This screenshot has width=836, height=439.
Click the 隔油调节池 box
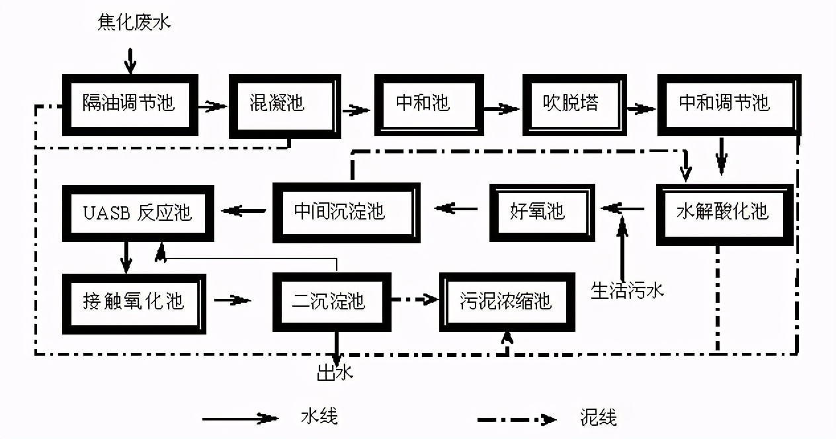point(130,104)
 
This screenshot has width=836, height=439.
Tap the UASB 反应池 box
point(138,212)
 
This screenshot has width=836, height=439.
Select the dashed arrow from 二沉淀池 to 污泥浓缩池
point(414,300)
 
